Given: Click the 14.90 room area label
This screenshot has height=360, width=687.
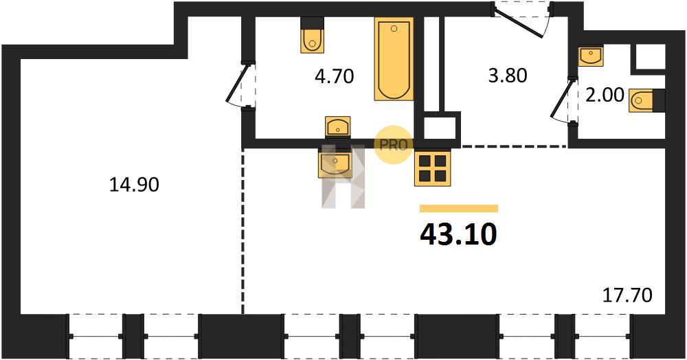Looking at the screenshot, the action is (x=134, y=185).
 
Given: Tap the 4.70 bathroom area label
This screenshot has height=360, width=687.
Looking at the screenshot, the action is (x=335, y=77).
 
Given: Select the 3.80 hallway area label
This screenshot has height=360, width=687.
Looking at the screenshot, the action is (x=508, y=76).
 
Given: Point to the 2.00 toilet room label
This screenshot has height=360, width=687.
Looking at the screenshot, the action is (x=605, y=95).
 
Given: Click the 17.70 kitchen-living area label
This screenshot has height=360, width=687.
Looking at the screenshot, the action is (x=627, y=295).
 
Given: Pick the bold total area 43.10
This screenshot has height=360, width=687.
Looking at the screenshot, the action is (x=459, y=234).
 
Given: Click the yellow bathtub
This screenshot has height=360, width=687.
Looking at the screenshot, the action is (x=394, y=58).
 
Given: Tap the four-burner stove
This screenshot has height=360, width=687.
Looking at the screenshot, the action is (x=432, y=168).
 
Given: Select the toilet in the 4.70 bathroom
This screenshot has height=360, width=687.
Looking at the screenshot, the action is (x=313, y=35).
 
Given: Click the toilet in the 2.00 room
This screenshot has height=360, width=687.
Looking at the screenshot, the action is (x=646, y=100).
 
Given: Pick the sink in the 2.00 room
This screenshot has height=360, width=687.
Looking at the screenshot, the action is (x=590, y=56).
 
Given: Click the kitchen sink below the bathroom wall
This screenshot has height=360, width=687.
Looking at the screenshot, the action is (x=336, y=162).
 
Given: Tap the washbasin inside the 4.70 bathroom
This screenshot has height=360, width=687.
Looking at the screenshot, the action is (x=338, y=127).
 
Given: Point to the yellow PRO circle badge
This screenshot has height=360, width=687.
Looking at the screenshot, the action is (x=392, y=145).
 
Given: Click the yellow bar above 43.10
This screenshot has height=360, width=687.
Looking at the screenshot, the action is (x=459, y=208).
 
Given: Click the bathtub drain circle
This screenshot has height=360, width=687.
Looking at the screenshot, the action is (x=394, y=28).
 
